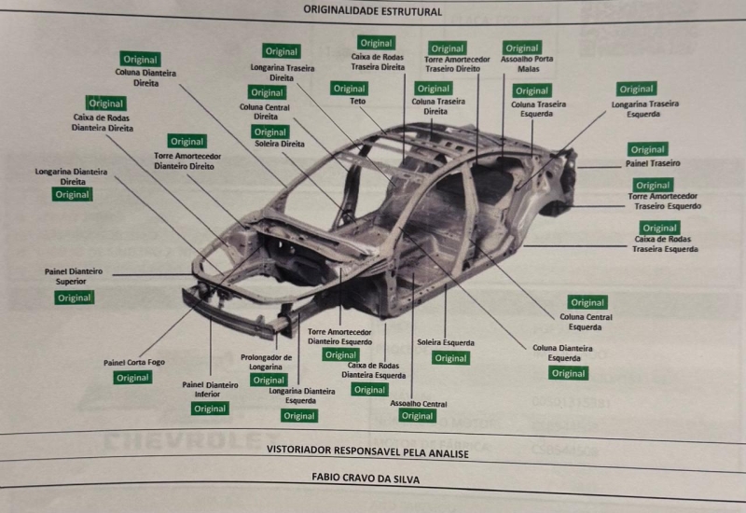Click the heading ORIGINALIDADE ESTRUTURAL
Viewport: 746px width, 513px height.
372,11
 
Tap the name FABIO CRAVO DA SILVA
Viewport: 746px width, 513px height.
366,478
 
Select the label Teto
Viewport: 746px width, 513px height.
358,101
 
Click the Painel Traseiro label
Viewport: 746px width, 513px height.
653,163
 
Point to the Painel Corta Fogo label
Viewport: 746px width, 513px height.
133,362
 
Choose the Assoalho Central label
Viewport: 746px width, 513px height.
418,403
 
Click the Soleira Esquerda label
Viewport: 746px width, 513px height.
446,342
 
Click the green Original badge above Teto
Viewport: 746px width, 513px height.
349,89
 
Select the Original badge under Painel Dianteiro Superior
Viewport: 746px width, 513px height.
74,298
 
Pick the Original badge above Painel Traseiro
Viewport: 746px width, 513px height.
647,149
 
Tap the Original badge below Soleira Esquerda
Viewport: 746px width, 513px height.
450,358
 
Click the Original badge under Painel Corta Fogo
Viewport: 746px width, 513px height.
132,378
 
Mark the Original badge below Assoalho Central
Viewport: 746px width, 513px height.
417,416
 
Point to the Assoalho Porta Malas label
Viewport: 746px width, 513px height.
522,63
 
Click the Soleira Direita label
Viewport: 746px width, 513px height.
280,145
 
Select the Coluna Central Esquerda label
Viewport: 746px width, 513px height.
587,322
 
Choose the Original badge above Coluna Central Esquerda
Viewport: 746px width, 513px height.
587,302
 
